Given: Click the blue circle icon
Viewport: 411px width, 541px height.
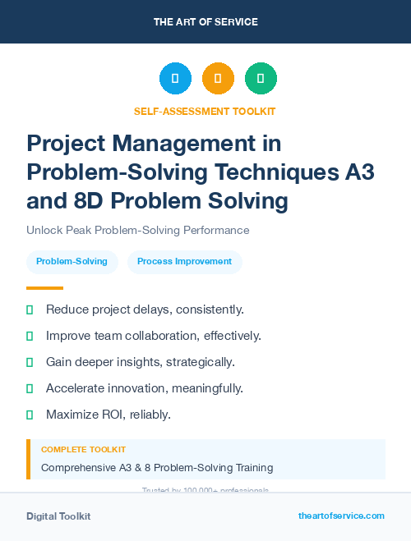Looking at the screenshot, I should pos(175,79).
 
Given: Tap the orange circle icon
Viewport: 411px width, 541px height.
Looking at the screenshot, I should pos(218,79).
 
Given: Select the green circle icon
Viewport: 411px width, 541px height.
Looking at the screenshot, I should pos(261,79).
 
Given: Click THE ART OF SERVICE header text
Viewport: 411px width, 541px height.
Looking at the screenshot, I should pos(205,21).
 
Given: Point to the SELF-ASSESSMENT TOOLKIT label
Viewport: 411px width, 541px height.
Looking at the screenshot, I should pos(205,111).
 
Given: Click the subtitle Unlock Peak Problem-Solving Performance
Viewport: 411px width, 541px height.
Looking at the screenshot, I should pos(137,231).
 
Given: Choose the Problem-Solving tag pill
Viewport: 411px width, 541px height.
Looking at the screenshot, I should pos(72,262).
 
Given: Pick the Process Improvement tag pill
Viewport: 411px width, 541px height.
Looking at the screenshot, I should pos(184,262).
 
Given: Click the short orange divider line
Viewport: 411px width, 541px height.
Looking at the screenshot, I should pos(44,288).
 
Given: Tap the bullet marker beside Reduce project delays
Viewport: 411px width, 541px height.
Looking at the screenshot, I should pos(30,309).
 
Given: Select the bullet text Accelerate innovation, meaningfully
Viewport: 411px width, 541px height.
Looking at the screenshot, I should pos(144,388).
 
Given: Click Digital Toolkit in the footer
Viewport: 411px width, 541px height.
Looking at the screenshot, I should pos(58,516).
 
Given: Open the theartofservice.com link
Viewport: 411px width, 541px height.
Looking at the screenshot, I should pos(341,516).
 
